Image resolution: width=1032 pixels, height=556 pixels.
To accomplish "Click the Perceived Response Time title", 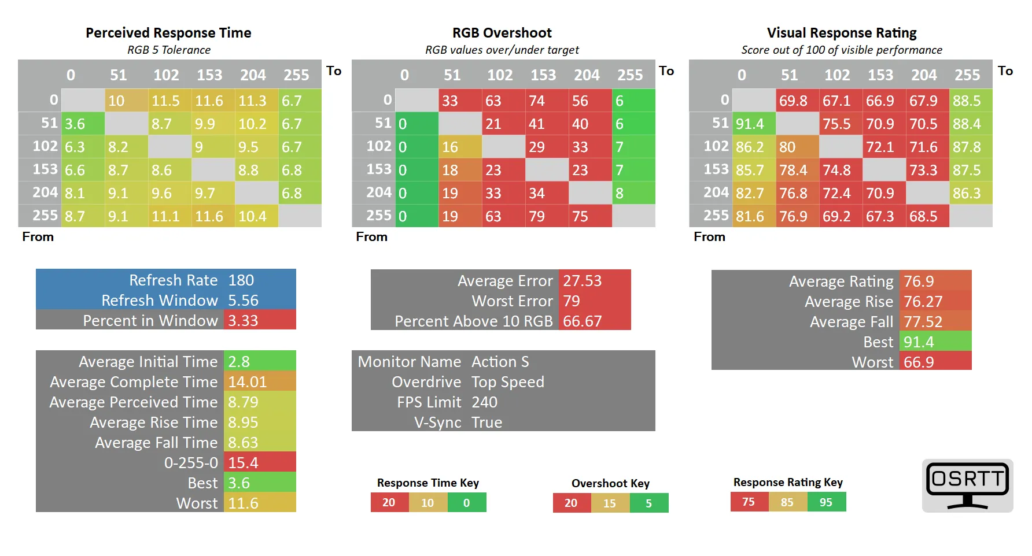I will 168,33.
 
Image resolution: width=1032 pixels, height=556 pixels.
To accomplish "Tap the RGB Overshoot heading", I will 502,33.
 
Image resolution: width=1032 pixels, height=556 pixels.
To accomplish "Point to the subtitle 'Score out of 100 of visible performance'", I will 842,50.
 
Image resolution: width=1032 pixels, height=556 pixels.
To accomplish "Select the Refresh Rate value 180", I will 241,280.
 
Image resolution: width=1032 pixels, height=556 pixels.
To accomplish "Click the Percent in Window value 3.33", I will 243,321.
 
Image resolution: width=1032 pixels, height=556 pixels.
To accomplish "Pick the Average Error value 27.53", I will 583,281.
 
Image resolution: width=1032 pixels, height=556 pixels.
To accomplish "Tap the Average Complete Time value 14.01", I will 248,382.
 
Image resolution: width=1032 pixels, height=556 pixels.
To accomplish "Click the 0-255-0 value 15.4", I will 243,463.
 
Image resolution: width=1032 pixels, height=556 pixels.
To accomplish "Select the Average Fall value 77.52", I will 923,322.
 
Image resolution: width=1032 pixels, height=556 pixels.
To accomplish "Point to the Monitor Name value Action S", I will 500,362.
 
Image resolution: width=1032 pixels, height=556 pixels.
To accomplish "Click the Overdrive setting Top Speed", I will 508,382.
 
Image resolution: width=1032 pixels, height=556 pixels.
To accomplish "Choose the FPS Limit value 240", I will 485,402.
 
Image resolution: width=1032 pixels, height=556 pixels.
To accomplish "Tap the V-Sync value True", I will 487,422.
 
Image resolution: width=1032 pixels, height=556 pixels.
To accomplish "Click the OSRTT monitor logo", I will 967,485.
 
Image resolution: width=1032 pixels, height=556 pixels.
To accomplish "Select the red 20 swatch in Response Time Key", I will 389,503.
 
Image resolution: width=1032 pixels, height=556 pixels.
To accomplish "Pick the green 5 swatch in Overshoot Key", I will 649,503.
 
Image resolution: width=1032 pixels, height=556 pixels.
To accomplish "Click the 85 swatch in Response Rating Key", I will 787,502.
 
